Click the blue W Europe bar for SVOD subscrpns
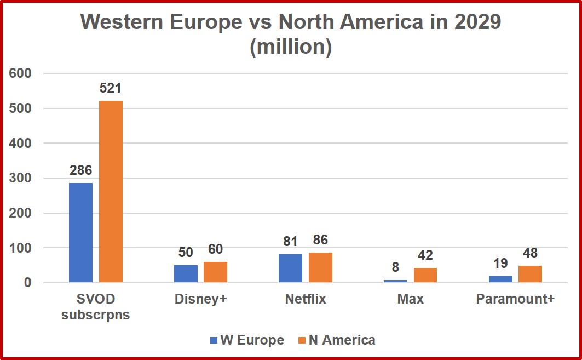click(80, 233)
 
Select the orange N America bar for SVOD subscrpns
click(111, 192)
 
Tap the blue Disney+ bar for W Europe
click(186, 274)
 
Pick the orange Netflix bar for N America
click(320, 267)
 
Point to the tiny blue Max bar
click(395, 281)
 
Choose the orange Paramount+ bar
click(530, 274)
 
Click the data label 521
click(111, 88)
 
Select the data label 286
click(80, 170)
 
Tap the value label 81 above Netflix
click(290, 241)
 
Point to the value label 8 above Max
click(395, 267)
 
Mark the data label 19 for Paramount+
click(500, 264)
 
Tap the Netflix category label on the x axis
click(306, 300)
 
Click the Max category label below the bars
click(411, 300)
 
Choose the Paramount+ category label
click(515, 300)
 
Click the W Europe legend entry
click(247, 340)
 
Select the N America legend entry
click(336, 340)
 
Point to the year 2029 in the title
click(474, 22)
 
